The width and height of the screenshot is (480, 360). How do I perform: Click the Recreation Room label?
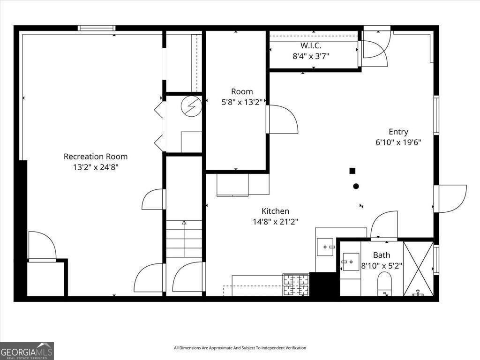[96, 157]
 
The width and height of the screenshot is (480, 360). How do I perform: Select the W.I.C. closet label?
[311, 45]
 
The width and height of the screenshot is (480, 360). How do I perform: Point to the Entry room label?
[398, 132]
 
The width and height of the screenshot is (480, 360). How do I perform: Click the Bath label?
[381, 255]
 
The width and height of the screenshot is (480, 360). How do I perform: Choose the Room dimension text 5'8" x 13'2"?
[242, 102]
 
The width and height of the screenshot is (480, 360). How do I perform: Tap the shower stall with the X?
[418, 269]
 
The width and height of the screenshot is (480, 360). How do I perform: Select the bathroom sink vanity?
[350, 262]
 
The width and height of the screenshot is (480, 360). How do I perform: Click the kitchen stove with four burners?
[296, 285]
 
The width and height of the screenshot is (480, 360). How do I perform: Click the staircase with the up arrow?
[184, 239]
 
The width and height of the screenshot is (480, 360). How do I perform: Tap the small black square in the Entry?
[352, 171]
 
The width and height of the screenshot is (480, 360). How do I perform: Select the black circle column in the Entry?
[356, 186]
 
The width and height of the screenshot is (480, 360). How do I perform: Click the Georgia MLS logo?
[27, 351]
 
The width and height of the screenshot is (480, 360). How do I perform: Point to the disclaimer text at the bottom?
[240, 348]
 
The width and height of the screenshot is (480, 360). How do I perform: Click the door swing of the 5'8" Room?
[283, 120]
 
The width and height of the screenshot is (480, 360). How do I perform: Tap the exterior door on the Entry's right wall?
[450, 199]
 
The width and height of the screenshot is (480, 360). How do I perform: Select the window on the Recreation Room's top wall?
[97, 28]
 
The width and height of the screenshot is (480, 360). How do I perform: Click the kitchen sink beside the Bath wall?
[325, 247]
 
